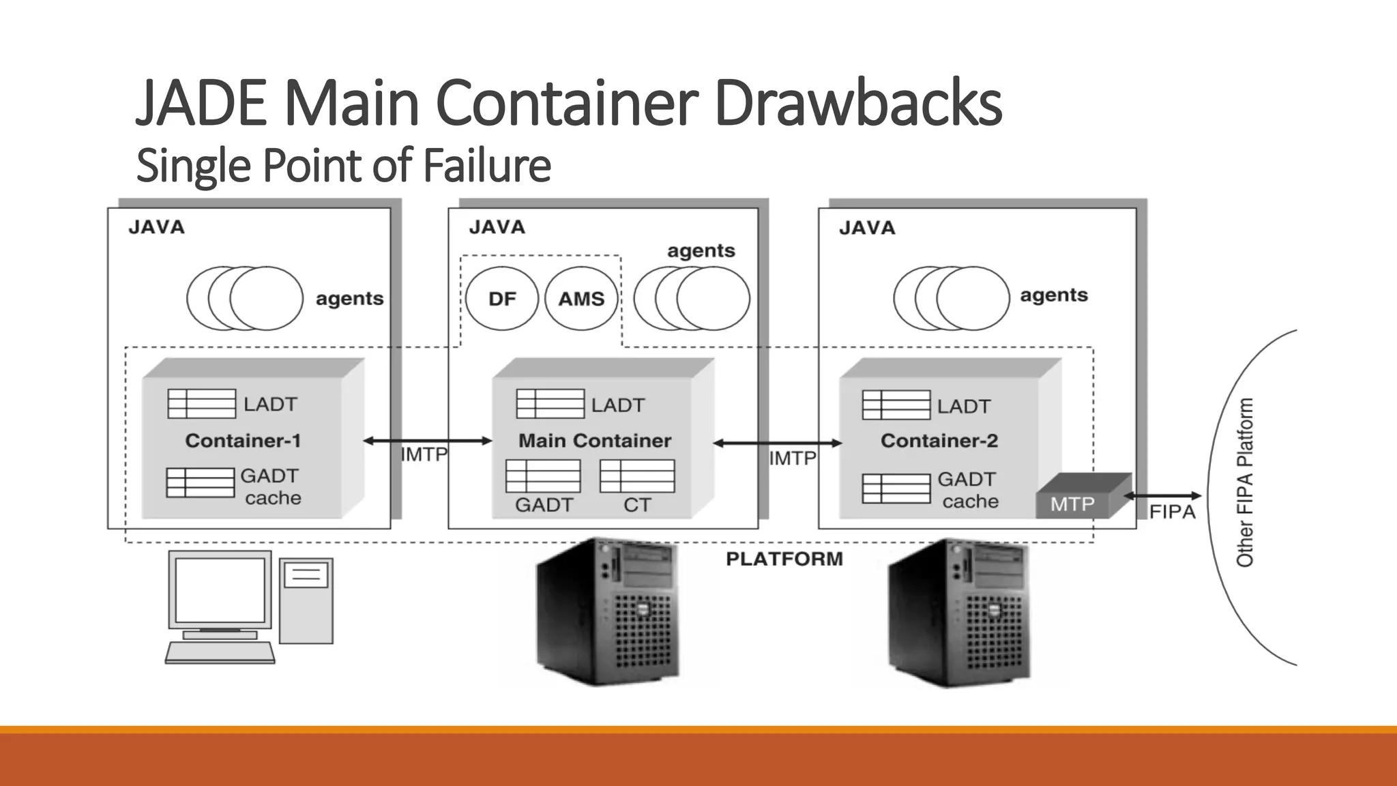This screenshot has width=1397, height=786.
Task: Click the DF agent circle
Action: point(502,299)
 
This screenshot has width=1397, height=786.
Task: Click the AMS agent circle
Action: point(581,299)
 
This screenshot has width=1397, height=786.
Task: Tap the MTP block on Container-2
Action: point(1073,504)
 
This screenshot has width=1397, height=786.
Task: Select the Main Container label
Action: point(594,441)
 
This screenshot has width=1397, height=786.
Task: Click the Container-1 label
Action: point(243,441)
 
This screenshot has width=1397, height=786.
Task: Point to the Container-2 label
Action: point(939,441)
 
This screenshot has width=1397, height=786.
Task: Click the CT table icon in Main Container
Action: point(637,476)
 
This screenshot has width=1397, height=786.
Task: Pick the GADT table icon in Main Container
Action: point(543,476)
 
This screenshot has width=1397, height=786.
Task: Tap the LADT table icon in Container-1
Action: point(201,404)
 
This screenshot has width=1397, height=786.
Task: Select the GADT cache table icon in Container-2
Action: point(896,489)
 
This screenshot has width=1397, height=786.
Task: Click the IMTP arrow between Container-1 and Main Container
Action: point(427,441)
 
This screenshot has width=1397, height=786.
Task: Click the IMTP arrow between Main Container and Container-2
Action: point(778,443)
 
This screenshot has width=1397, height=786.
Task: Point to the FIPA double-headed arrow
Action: point(1162,496)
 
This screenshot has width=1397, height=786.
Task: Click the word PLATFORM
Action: point(784,559)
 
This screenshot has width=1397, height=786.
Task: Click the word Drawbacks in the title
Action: point(858,103)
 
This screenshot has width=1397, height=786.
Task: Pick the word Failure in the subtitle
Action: point(486,166)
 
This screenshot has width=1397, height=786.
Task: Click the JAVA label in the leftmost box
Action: point(156,227)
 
